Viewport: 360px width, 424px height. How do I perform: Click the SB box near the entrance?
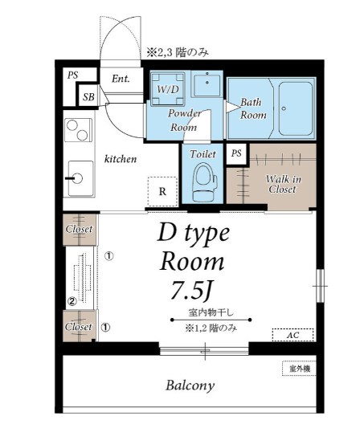[88, 97]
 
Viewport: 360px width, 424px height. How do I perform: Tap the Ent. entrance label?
[121, 79]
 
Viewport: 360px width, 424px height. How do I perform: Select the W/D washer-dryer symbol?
[168, 88]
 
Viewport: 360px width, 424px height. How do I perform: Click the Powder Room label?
[183, 120]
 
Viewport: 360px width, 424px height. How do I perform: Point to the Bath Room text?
[253, 108]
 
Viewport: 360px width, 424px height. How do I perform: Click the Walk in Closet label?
[275, 183]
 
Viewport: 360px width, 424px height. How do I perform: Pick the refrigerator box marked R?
[162, 191]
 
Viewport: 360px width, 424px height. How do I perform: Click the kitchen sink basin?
[78, 177]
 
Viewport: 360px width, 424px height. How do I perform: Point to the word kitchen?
[121, 159]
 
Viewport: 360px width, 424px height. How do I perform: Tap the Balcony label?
[190, 385]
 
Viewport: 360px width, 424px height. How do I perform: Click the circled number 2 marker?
[71, 302]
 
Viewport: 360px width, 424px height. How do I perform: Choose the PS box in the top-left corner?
[73, 75]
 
